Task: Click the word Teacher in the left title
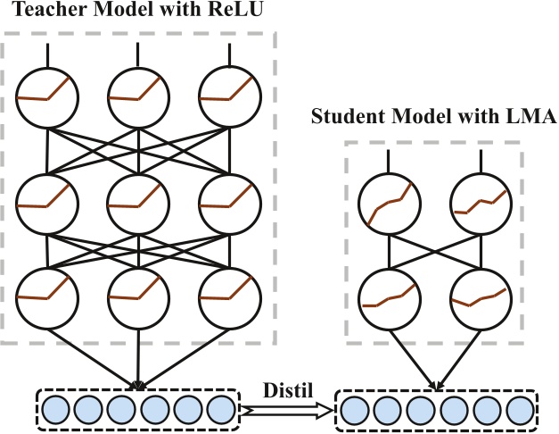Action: (36, 11)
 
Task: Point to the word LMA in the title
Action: (533, 116)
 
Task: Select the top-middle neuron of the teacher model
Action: (138, 96)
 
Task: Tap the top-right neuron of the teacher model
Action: (228, 96)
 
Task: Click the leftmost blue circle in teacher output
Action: (55, 411)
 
